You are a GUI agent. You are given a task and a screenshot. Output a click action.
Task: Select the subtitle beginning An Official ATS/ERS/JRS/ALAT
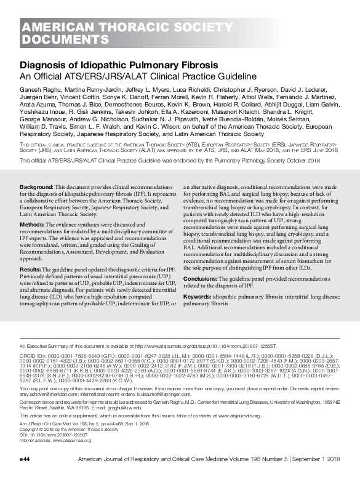click(129, 76)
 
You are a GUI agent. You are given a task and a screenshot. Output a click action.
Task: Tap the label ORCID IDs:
click(34, 355)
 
